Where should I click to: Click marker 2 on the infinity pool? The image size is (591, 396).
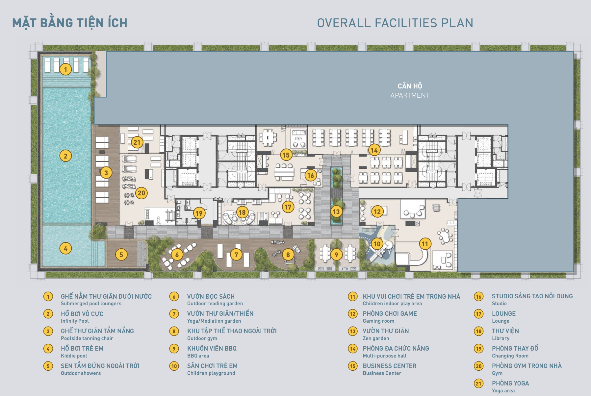point(65,156)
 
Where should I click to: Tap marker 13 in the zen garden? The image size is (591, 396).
point(336,211)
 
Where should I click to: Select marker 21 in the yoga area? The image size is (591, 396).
point(137,142)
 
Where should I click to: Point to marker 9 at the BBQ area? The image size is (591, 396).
point(336,254)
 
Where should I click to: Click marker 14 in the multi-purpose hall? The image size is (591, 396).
point(374,150)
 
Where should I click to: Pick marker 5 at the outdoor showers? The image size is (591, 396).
point(121,254)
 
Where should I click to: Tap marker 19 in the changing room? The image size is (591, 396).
point(199,213)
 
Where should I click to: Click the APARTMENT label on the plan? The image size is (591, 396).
point(410,95)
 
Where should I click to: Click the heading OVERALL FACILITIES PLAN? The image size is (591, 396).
point(395,23)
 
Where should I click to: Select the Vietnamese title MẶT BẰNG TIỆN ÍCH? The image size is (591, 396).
point(70,23)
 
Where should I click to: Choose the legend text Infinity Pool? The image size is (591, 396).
point(75,321)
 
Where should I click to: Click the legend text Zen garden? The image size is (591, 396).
point(376,338)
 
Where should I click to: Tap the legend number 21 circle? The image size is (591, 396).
point(479,384)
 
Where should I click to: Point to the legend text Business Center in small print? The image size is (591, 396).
point(382,373)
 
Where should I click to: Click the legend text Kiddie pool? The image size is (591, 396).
point(74,356)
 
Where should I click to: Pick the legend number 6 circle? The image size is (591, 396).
point(174,297)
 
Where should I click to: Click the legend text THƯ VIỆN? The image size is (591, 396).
point(505,331)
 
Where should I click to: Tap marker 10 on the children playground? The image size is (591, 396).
point(377,244)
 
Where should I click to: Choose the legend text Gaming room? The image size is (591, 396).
point(378,321)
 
